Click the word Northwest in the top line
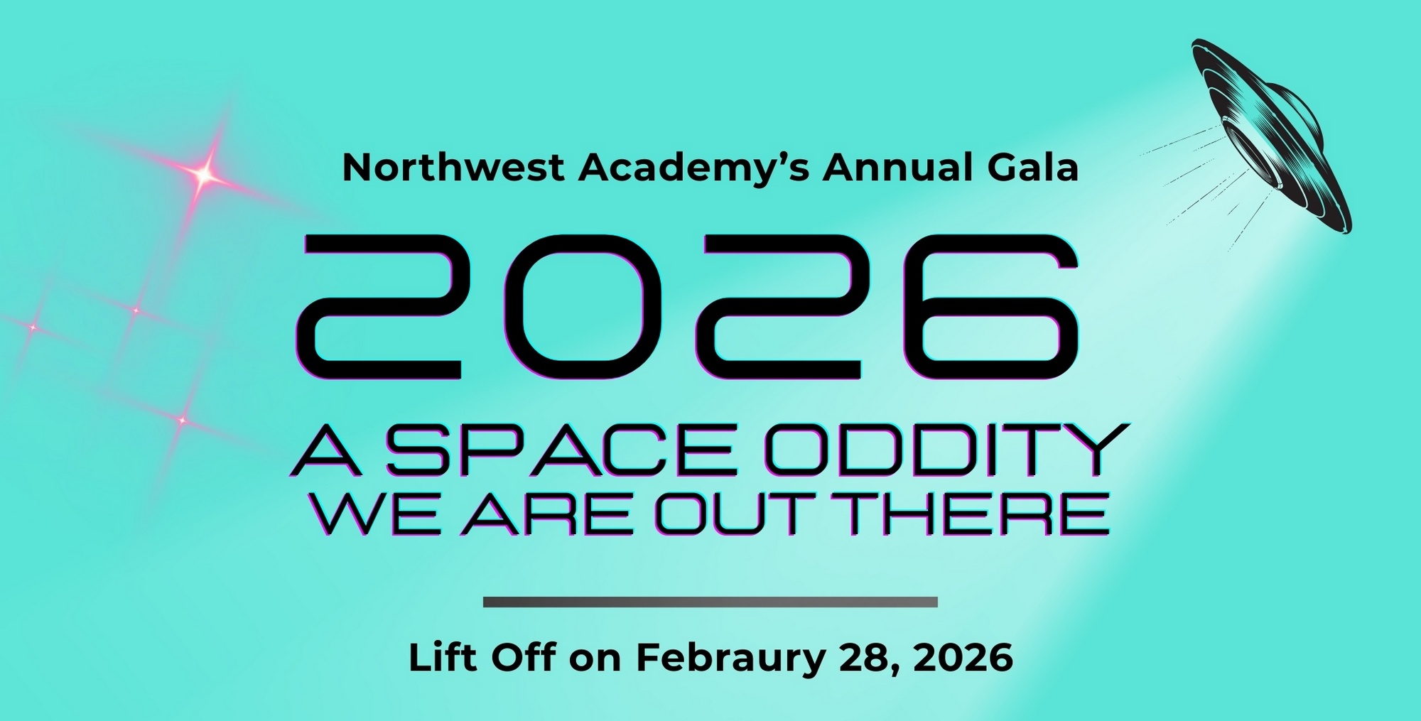(x=453, y=168)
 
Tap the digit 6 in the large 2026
(x=990, y=307)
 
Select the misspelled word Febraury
(x=731, y=658)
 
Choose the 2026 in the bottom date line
(x=963, y=658)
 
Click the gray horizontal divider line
(x=710, y=602)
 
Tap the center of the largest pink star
(x=205, y=173)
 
